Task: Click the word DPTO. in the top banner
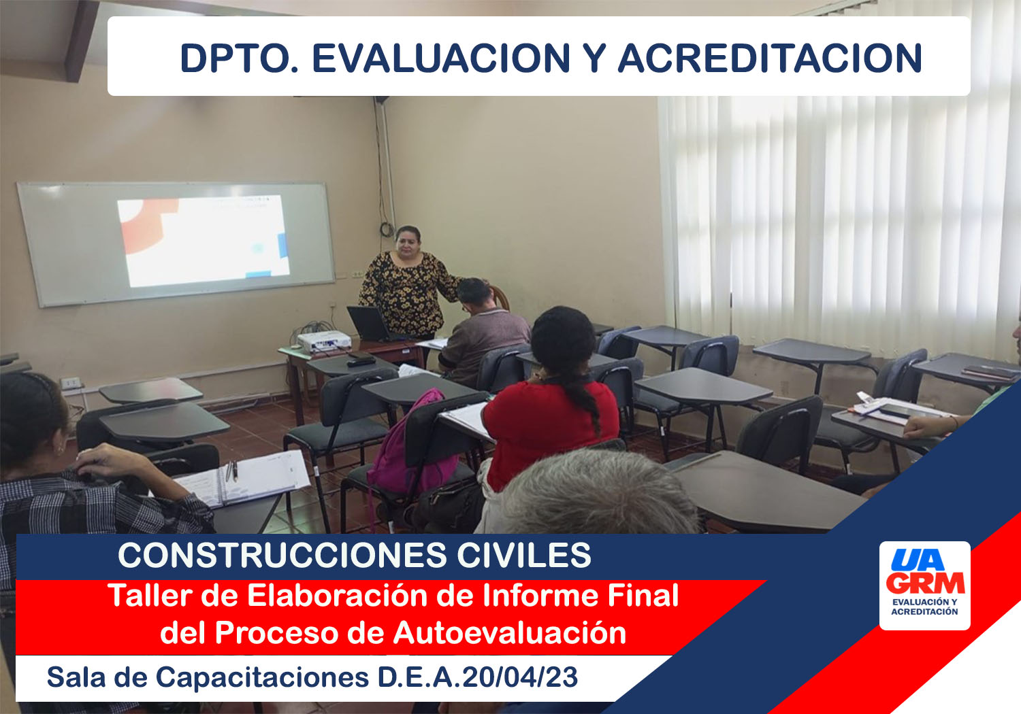(240, 58)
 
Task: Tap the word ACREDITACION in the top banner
(770, 58)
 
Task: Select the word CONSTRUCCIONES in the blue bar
(282, 555)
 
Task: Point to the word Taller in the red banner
(150, 596)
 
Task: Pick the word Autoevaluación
(510, 633)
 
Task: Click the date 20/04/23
(520, 677)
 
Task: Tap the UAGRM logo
(924, 585)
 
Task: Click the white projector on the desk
(323, 341)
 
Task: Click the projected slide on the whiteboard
(204, 241)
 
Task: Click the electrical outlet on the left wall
(71, 383)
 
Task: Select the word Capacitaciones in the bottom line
(263, 677)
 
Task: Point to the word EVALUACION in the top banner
(441, 58)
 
